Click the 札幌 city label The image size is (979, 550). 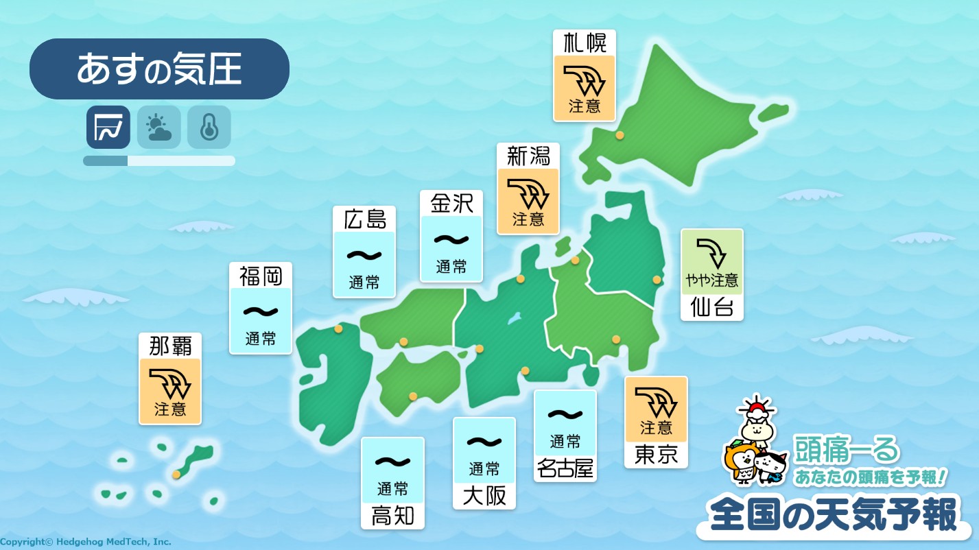click(585, 43)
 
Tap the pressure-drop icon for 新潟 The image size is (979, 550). click(528, 195)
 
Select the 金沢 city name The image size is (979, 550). click(451, 204)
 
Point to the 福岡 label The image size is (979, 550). click(261, 276)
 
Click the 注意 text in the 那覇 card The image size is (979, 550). click(170, 409)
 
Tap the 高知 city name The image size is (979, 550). click(392, 516)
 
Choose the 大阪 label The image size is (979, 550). click(484, 495)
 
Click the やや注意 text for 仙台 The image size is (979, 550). click(712, 280)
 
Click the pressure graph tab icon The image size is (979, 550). click(108, 127)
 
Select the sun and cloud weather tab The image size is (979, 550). click(158, 127)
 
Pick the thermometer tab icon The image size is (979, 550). click(209, 127)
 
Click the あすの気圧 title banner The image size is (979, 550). click(159, 69)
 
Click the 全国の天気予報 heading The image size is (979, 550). click(833, 515)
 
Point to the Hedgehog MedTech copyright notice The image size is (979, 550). click(86, 542)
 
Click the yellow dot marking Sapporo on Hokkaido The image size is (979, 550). click(620, 136)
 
